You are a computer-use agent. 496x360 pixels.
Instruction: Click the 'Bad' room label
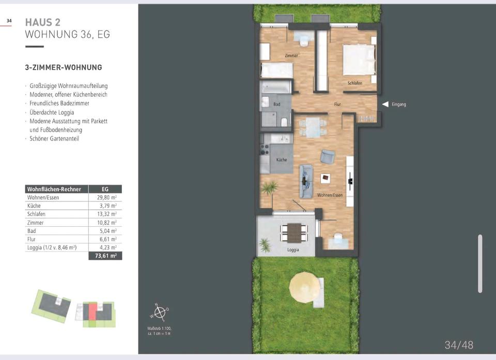277,104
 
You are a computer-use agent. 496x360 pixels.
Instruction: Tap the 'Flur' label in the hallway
337,104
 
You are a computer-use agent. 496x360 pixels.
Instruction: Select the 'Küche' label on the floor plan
282,160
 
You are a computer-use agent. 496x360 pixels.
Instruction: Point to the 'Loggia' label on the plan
293,250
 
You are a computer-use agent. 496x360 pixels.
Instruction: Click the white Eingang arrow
385,104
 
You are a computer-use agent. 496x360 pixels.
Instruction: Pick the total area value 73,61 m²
105,256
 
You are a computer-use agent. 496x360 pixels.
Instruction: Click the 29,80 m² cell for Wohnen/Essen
106,197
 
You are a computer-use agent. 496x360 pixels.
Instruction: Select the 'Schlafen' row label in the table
36,214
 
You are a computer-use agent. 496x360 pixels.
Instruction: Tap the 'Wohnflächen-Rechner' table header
54,189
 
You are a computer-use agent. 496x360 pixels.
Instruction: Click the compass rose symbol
160,312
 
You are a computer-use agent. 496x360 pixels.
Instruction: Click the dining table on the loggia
294,232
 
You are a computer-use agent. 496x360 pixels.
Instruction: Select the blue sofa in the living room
306,181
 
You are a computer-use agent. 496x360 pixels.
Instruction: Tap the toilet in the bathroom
284,122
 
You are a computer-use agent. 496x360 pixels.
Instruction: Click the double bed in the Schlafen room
360,60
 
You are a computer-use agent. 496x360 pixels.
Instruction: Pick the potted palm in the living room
269,188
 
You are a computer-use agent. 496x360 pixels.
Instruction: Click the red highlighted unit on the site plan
92,311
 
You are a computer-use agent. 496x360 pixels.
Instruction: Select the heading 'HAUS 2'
43,22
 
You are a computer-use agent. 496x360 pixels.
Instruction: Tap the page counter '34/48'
459,345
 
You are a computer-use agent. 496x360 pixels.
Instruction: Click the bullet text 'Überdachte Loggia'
52,112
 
